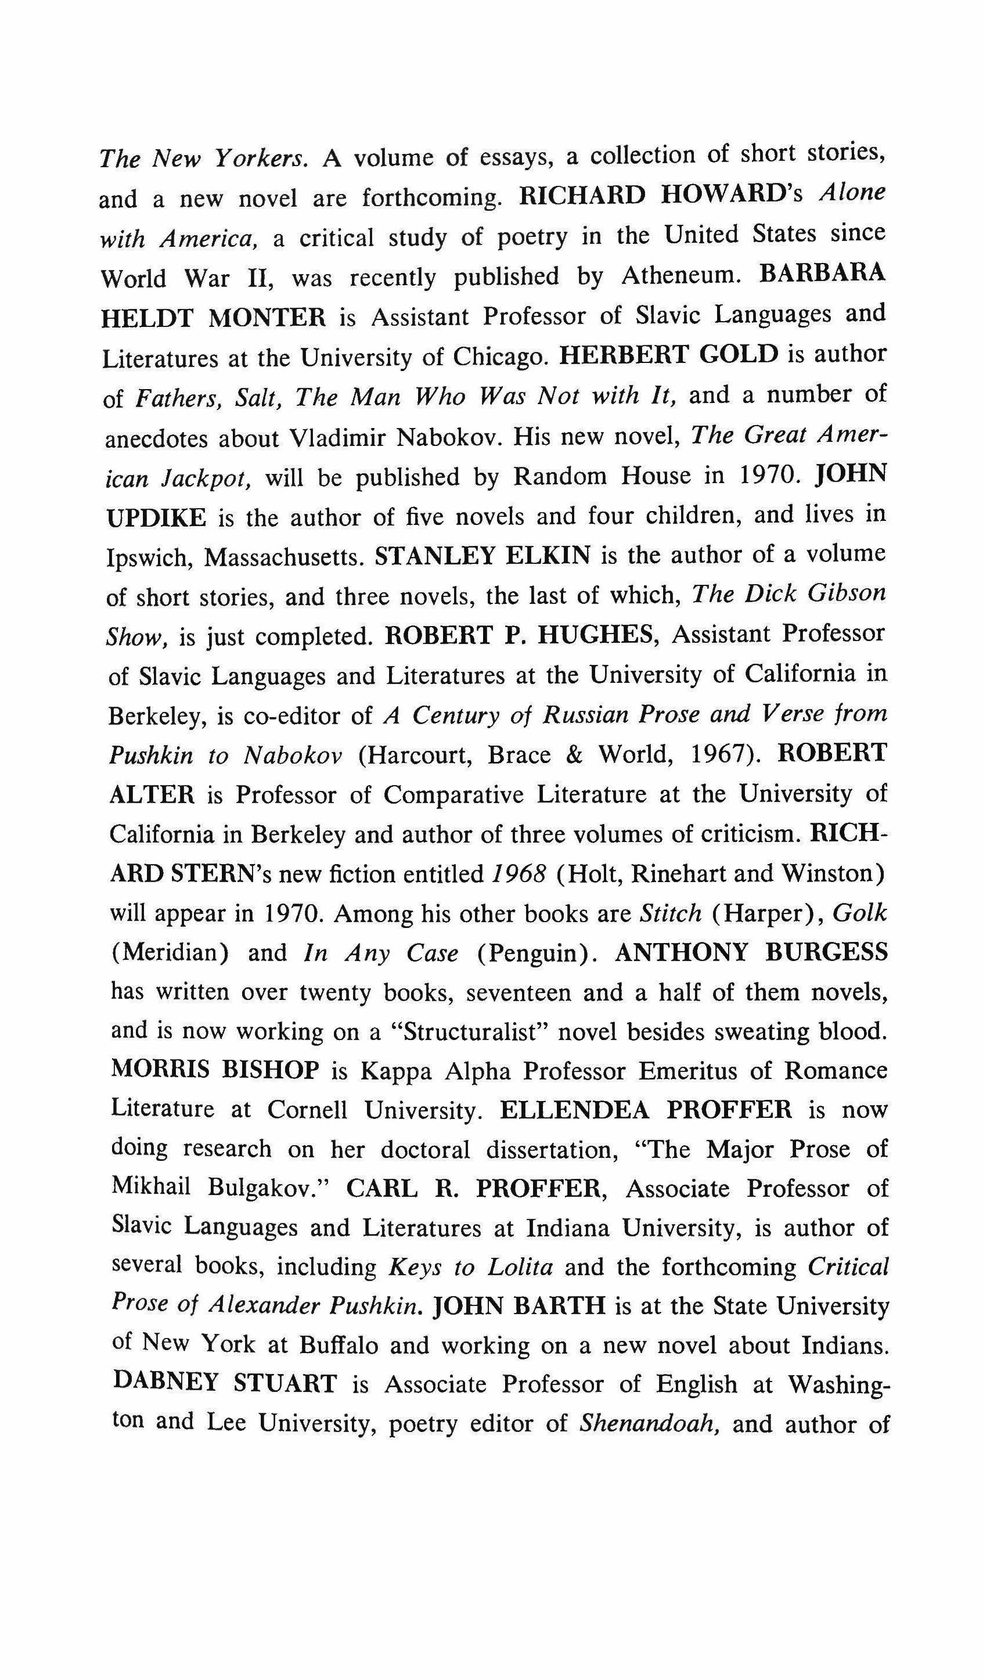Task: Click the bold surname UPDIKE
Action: point(157,518)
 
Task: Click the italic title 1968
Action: point(518,874)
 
